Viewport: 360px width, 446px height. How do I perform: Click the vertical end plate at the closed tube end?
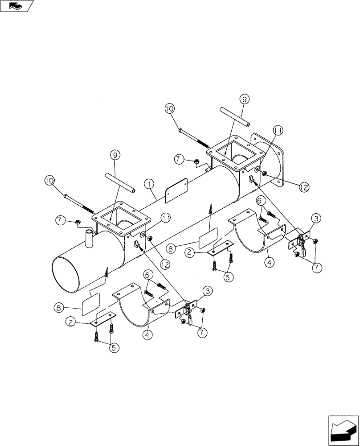(x=272, y=161)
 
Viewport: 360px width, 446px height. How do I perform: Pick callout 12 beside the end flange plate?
(x=303, y=188)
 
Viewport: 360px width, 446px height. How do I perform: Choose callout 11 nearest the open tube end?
(x=166, y=218)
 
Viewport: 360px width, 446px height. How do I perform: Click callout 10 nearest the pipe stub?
(x=49, y=180)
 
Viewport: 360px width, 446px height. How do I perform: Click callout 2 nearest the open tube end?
(x=70, y=321)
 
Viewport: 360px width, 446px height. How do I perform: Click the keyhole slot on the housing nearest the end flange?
(x=252, y=180)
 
